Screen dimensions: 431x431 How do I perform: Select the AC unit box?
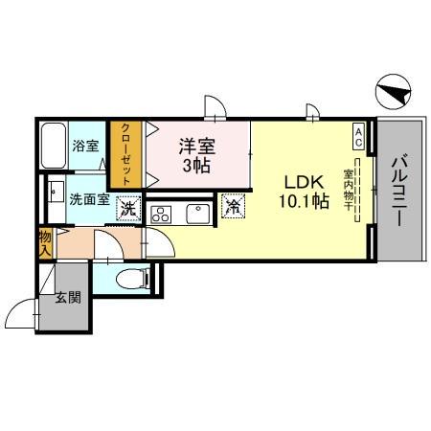click(x=358, y=134)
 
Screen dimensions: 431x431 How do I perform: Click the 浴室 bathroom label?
click(x=86, y=146)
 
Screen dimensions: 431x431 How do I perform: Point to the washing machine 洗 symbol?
click(x=125, y=207)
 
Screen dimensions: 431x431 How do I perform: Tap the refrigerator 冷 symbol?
click(x=233, y=205)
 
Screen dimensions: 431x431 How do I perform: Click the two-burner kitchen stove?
click(x=160, y=213)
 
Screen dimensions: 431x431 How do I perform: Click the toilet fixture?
click(x=131, y=278)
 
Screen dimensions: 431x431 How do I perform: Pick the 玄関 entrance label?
click(x=67, y=296)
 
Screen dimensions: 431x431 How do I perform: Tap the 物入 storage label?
click(x=45, y=242)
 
